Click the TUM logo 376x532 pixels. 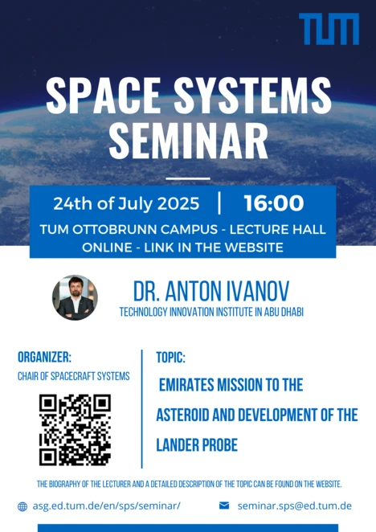pyautogui.click(x=329, y=29)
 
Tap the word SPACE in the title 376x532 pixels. pyautogui.click(x=103, y=96)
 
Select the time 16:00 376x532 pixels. pyautogui.click(x=273, y=203)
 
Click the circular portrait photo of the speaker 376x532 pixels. pyautogui.click(x=75, y=297)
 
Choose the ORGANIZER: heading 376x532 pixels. pyautogui.click(x=44, y=357)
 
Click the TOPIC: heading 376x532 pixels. pyautogui.click(x=170, y=358)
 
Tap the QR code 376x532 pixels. pyautogui.click(x=75, y=429)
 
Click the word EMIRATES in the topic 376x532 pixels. pyautogui.click(x=186, y=385)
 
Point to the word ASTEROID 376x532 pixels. pyautogui.click(x=182, y=415)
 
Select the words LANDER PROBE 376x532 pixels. pyautogui.click(x=197, y=445)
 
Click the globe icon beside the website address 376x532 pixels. pyautogui.click(x=22, y=506)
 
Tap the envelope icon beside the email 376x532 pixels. pyautogui.click(x=224, y=505)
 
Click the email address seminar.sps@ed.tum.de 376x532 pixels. pyautogui.click(x=295, y=505)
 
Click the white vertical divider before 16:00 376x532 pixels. pyautogui.click(x=219, y=203)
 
